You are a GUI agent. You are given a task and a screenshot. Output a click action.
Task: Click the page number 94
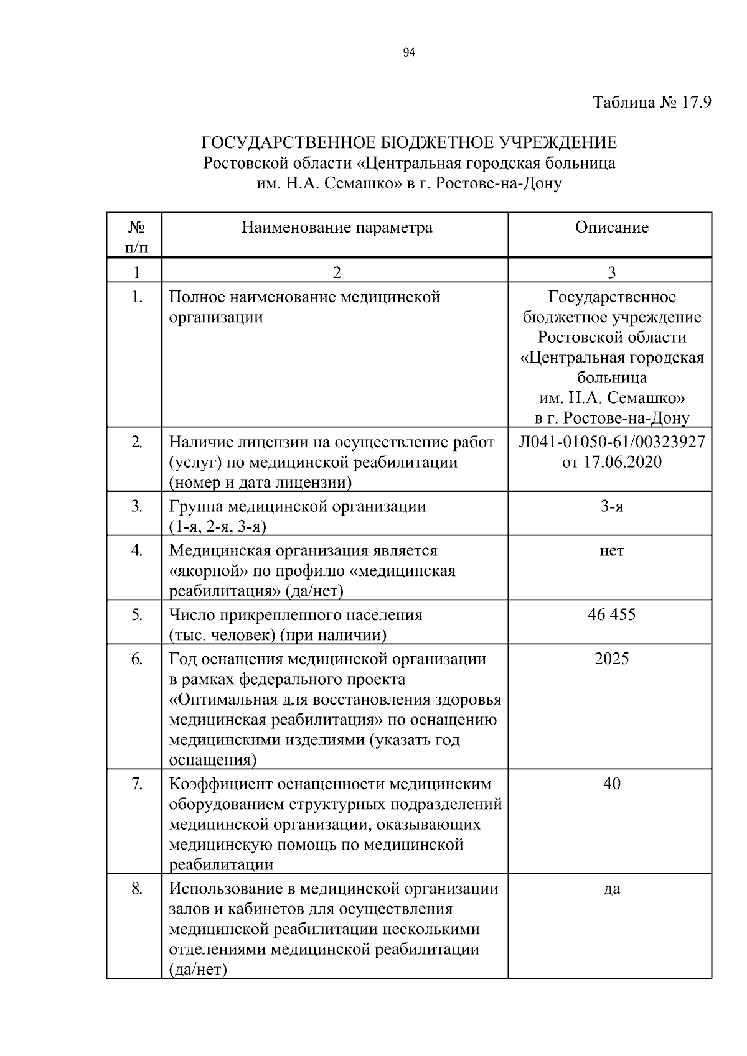coord(409,53)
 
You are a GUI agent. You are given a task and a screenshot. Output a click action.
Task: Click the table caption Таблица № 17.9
coord(652,102)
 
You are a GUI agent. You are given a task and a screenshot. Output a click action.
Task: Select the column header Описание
coord(611,228)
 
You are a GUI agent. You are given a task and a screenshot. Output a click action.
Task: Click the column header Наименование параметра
coord(337,228)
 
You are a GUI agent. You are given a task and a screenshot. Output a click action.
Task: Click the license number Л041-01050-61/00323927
coord(611,442)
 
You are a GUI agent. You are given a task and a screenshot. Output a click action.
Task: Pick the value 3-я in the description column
coord(611,506)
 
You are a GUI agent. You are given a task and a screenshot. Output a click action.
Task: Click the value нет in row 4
coord(611,550)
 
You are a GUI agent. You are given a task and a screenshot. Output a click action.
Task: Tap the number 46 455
coord(611,615)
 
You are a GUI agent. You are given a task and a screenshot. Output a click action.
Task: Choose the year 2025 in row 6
coord(611,659)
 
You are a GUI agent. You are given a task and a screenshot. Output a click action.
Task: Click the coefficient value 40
coord(611,784)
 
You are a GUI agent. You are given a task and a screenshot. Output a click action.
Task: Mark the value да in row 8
coord(611,889)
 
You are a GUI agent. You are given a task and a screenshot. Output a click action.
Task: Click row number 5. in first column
coord(137,615)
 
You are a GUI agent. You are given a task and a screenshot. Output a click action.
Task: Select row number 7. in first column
coord(137,784)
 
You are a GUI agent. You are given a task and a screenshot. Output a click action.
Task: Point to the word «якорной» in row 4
coord(202,571)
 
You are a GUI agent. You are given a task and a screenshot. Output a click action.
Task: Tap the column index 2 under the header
coord(337,272)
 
